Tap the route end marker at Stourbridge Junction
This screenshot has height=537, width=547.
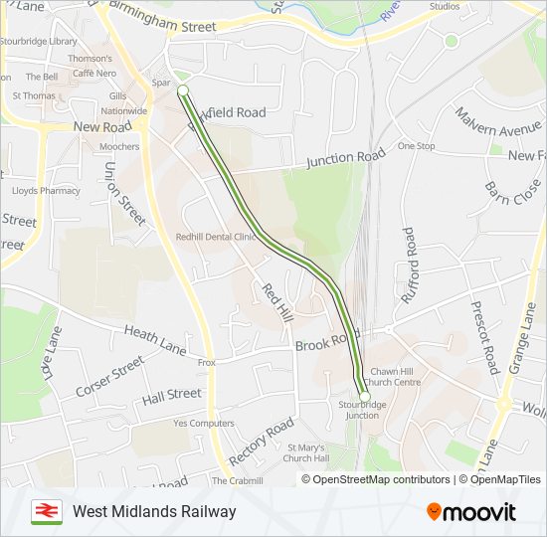pyautogui.click(x=364, y=397)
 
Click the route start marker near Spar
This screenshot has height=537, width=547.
pyautogui.click(x=183, y=90)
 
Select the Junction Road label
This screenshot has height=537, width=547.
pyautogui.click(x=345, y=158)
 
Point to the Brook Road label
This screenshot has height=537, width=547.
pyautogui.click(x=327, y=341)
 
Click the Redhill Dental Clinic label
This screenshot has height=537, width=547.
pyautogui.click(x=210, y=237)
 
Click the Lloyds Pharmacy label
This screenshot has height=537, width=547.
pyautogui.click(x=46, y=190)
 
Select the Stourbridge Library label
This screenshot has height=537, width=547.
pyautogui.click(x=38, y=41)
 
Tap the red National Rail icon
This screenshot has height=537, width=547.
pyautogui.click(x=46, y=511)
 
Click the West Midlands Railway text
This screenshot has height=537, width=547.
pyautogui.click(x=154, y=511)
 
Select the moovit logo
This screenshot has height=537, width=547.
pyautogui.click(x=471, y=511)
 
